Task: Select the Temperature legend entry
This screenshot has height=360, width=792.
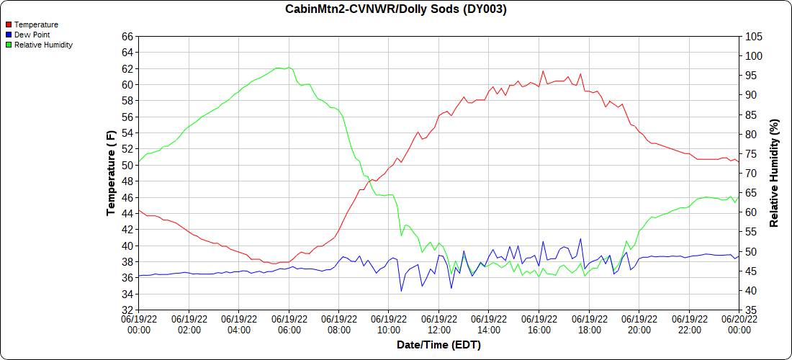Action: pos(36,24)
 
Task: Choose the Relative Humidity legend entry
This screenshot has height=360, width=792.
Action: pos(43,45)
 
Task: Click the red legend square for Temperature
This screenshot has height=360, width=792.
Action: pos(9,24)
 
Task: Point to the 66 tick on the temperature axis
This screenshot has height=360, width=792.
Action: pos(127,36)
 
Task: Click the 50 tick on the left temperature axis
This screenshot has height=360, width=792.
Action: pos(127,165)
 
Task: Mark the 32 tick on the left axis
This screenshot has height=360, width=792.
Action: pos(127,310)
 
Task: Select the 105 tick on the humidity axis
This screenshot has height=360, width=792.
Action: pos(754,36)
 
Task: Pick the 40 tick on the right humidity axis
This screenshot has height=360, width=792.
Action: pos(751,291)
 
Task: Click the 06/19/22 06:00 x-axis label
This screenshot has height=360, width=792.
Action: pos(289,324)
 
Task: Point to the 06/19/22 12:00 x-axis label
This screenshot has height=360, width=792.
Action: pos(439,324)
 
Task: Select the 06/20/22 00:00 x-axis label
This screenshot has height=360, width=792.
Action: pos(739,324)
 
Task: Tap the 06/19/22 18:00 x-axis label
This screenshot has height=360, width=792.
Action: pos(589,324)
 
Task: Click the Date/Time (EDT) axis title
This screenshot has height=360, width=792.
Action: pos(438,345)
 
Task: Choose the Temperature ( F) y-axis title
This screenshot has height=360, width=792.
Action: pos(111,173)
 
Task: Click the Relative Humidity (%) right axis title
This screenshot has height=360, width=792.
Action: pos(774,173)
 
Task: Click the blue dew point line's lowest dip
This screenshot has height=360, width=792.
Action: pos(402,291)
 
